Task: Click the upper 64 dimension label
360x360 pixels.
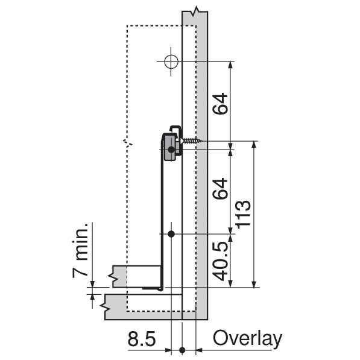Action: point(220,104)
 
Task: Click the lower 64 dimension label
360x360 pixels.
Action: point(220,189)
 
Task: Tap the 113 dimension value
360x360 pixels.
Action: point(243,215)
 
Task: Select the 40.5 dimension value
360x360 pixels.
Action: point(220,261)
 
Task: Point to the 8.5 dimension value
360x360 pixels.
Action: point(142,339)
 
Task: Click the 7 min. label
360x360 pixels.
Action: point(80,250)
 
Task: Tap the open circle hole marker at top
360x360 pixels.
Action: point(171,62)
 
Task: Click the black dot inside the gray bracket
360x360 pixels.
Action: point(171,150)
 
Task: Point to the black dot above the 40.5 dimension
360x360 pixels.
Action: point(171,234)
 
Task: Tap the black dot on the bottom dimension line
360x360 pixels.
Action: point(182,350)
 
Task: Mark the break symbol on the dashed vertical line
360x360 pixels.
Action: point(128,142)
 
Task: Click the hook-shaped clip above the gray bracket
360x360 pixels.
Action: point(175,130)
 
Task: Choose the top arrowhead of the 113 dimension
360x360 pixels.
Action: point(254,144)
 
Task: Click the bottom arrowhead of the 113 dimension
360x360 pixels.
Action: point(254,284)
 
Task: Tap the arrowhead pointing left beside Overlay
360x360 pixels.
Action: point(199,350)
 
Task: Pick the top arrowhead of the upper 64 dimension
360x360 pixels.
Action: point(231,65)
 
